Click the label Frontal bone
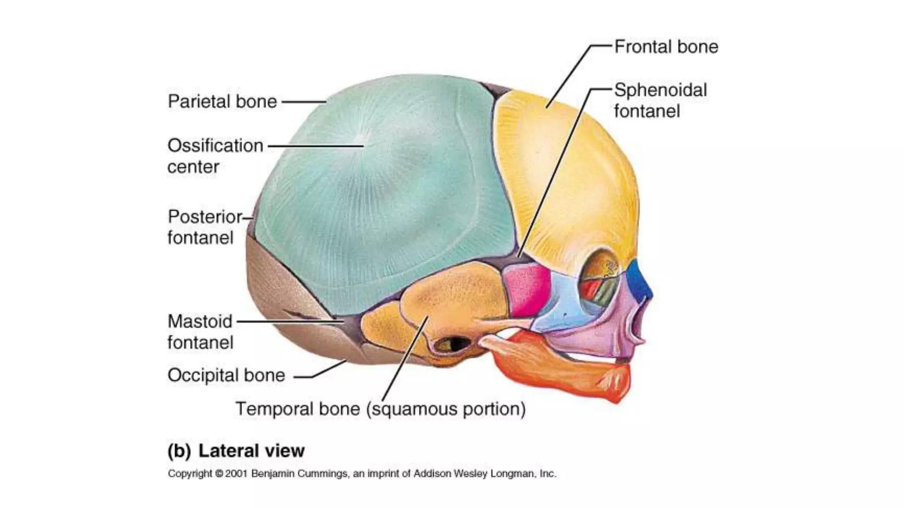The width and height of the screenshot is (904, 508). (666, 47)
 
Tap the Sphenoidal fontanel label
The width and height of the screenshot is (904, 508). (660, 101)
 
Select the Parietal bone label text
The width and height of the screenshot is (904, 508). (222, 101)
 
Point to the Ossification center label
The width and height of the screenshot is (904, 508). (215, 156)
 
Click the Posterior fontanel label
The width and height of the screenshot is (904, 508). (204, 227)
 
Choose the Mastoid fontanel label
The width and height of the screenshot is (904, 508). (200, 332)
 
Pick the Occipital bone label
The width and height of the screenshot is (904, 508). (226, 375)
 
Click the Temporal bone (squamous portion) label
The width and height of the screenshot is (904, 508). (380, 409)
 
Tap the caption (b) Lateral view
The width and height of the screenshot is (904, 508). (236, 451)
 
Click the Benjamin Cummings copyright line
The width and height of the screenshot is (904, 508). (362, 474)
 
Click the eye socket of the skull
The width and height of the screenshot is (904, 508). (600, 282)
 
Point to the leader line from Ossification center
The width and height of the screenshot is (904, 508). (316, 146)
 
